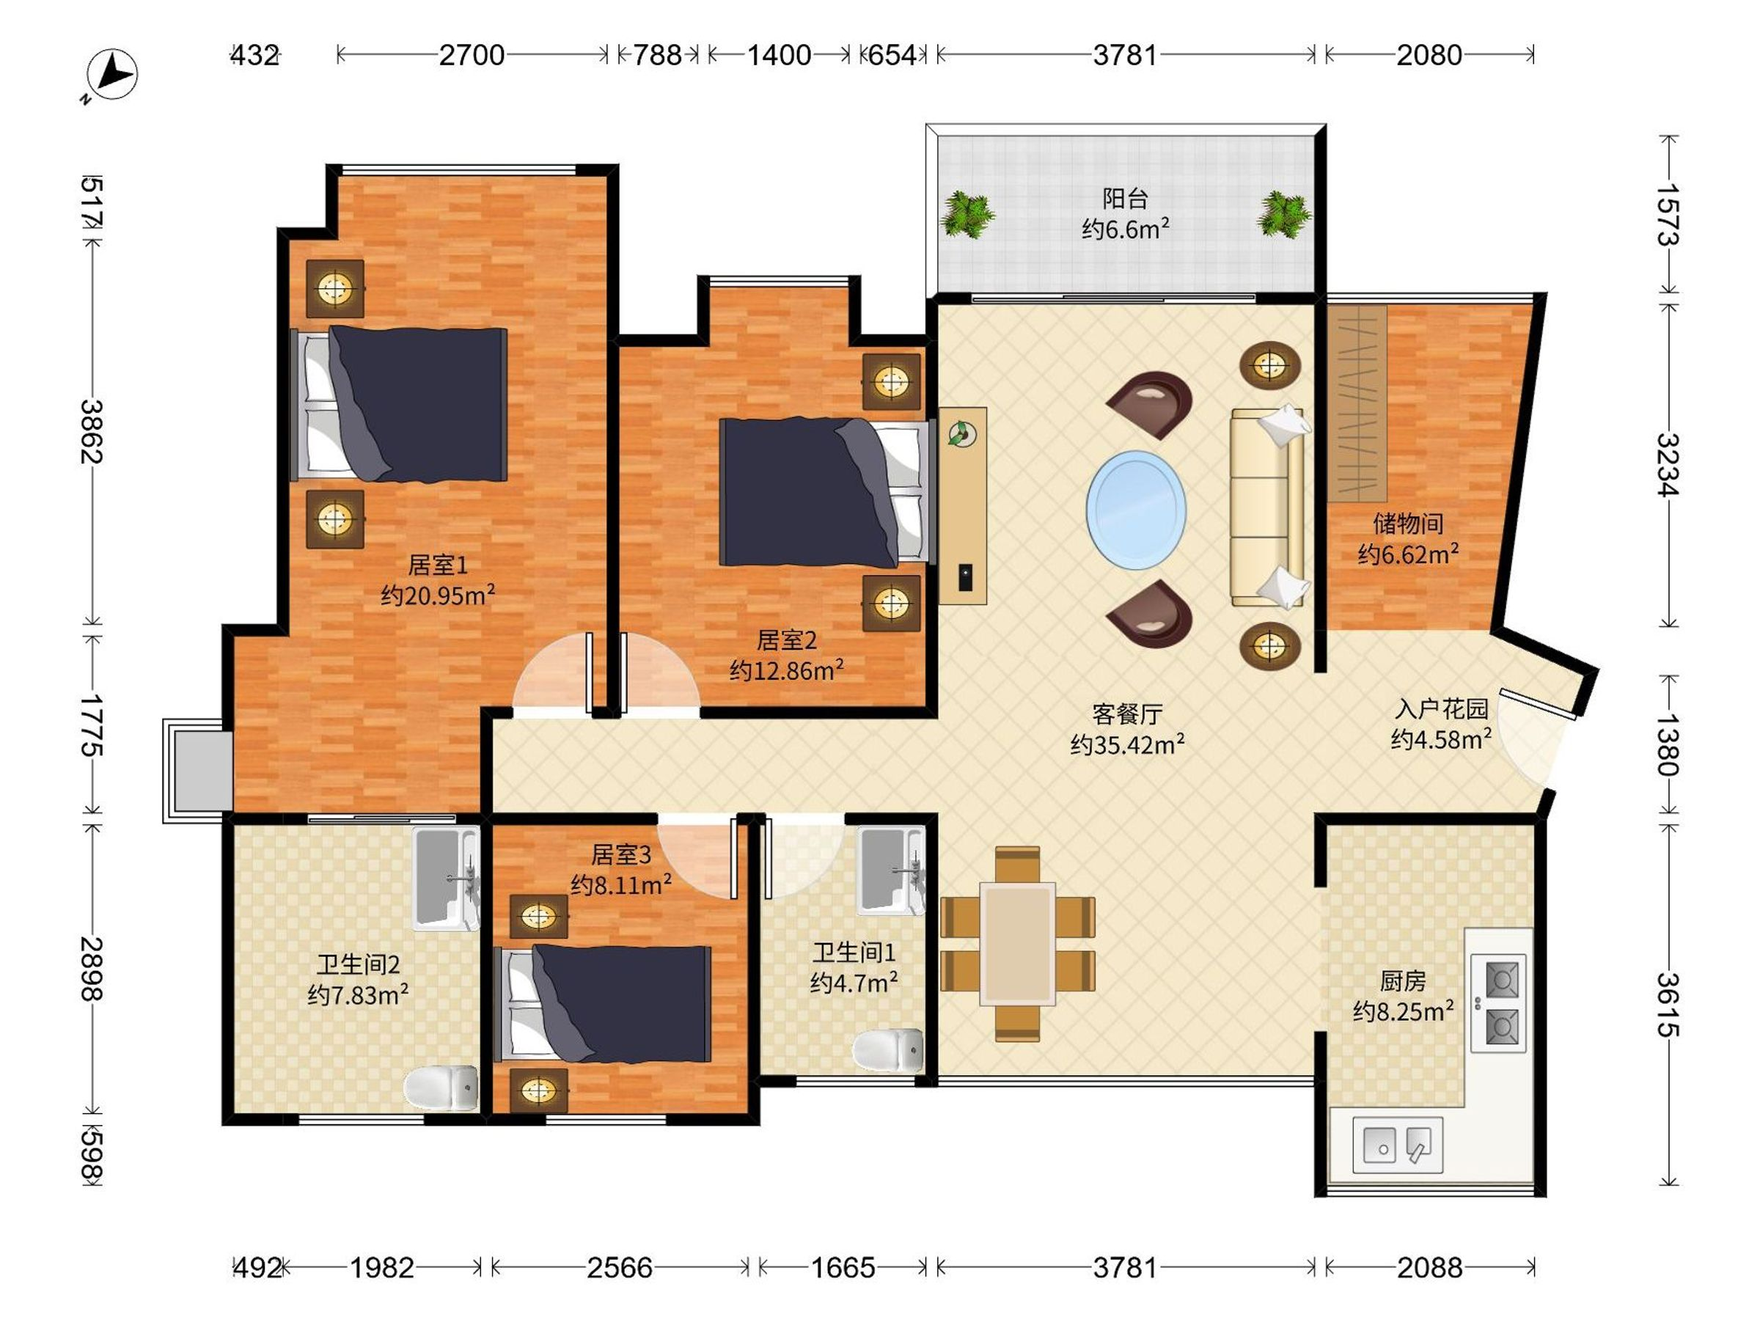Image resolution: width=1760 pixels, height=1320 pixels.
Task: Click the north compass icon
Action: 112,75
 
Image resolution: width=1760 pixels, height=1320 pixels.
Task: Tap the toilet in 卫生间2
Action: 441,1088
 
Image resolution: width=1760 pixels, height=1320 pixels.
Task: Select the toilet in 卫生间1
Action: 889,1050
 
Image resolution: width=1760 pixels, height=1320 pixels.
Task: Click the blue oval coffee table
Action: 1136,510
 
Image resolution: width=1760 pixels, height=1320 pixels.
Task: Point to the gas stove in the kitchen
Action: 1498,1002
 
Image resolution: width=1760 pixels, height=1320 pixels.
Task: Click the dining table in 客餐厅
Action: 1018,944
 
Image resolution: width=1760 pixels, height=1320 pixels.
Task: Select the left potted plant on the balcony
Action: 967,213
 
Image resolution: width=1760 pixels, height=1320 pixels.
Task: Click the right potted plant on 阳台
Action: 1283,213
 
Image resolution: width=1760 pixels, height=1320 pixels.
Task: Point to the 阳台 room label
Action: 1125,198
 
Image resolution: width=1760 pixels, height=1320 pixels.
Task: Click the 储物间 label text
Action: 1407,523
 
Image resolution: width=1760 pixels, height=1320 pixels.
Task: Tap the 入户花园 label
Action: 1441,708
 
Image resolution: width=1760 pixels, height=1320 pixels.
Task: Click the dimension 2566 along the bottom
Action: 620,1267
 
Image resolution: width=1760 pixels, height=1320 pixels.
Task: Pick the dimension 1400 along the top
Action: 779,55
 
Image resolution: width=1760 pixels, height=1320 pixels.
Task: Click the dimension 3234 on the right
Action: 1668,465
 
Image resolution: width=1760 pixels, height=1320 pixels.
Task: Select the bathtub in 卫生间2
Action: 446,879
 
